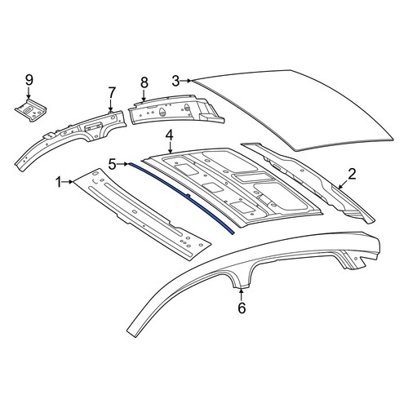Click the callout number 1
point(59,182)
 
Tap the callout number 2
point(352,174)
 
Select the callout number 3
point(175,81)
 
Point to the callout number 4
point(170,135)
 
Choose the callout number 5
point(113,164)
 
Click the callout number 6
point(242,308)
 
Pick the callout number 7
point(112,92)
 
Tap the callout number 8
point(144,82)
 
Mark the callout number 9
point(29,80)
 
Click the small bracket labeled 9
point(30,110)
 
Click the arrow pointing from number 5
point(122,164)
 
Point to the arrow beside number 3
point(186,81)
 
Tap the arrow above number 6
point(241,295)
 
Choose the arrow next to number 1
point(69,181)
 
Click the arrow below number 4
point(170,148)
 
